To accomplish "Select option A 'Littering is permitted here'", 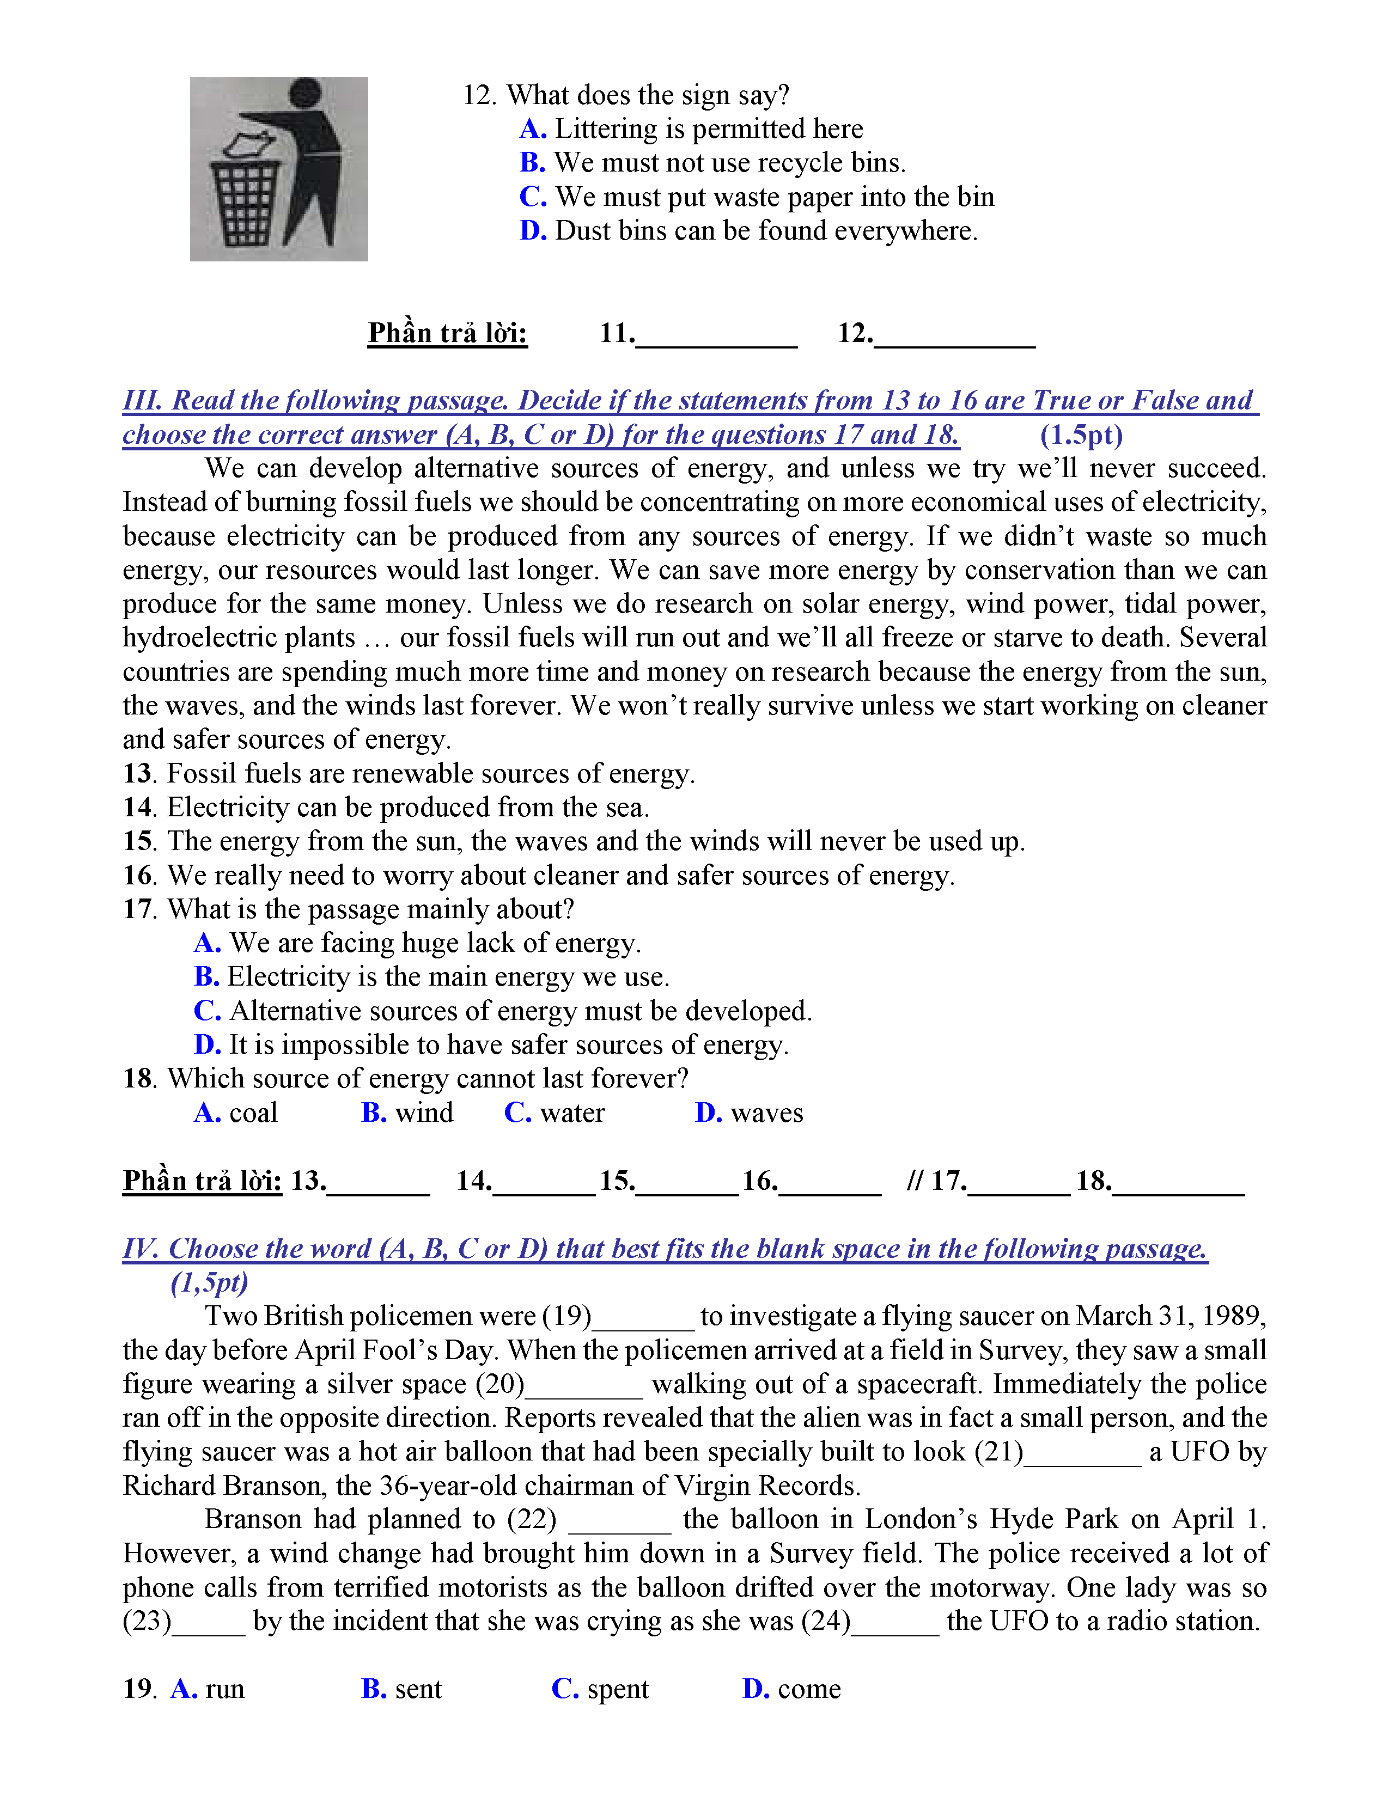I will tap(691, 129).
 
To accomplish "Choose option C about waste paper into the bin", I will tap(757, 198).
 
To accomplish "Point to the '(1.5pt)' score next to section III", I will tap(1081, 435).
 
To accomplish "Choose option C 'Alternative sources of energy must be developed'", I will tap(502, 1011).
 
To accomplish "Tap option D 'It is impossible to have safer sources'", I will tap(491, 1045).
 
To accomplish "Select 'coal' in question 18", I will tap(253, 1113).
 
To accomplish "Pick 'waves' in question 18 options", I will tap(766, 1113).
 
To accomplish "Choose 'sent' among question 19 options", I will tap(418, 1689).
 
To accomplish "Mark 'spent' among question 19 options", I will tap(617, 1689).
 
